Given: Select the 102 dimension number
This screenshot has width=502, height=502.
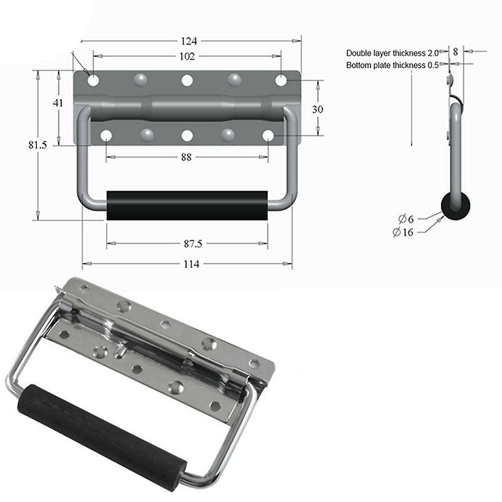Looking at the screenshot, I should (x=187, y=56).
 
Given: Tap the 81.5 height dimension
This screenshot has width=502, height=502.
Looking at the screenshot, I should (x=38, y=145).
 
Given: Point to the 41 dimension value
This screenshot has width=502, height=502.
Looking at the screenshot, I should (x=58, y=103).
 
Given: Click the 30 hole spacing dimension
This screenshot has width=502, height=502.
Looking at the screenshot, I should (x=317, y=109).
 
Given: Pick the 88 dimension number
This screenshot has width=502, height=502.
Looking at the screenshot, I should (x=186, y=157).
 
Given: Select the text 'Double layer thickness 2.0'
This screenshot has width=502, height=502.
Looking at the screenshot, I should (x=392, y=53).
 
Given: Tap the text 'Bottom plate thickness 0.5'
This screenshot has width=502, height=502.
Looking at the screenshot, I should (x=392, y=65).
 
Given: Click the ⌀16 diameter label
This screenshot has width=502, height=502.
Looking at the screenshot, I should (x=404, y=232).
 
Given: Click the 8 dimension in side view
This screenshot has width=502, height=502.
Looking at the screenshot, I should (x=455, y=51).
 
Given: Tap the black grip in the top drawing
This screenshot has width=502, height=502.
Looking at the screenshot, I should (x=187, y=205).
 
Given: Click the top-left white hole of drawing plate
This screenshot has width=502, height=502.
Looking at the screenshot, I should (x=93, y=80).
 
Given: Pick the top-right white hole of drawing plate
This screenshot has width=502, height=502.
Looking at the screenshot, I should (x=281, y=80).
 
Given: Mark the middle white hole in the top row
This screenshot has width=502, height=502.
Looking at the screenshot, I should (x=187, y=80).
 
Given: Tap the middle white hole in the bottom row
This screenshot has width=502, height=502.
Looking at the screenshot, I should (x=187, y=135).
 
